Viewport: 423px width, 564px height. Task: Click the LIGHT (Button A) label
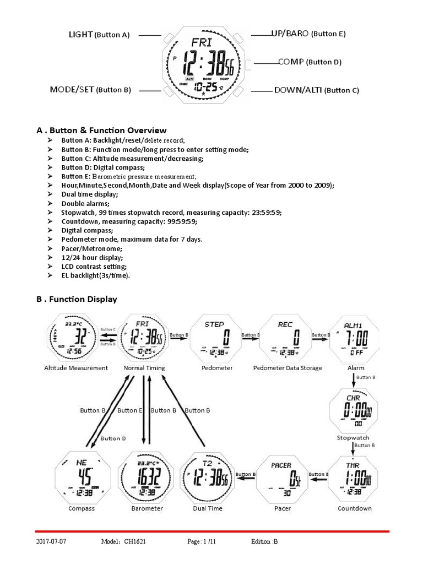(99, 35)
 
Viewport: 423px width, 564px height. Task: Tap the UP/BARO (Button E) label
(308, 34)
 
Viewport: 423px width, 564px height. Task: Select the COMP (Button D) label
(310, 62)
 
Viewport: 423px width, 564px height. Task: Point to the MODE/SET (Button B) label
(90, 89)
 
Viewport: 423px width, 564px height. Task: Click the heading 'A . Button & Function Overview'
(101, 131)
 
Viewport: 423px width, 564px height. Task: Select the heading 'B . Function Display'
(77, 299)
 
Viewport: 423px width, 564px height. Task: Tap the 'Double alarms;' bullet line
(85, 203)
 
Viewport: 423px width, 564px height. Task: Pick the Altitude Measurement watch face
(75, 337)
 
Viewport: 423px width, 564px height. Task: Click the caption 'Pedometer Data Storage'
(287, 368)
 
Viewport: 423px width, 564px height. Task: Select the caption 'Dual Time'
(208, 508)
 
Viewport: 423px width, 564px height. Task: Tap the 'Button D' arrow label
(113, 438)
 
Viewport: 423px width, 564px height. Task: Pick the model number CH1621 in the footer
(140, 542)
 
